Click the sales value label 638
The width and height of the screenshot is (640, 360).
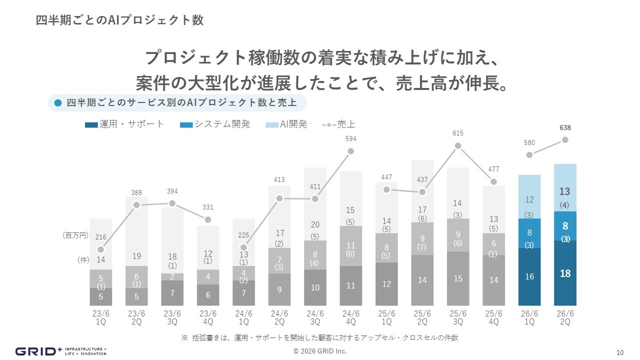pos(565,128)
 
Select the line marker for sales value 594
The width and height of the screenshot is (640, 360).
pos(350,151)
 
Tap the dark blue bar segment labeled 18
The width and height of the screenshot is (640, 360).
pos(565,273)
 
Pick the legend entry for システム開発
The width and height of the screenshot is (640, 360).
pos(215,124)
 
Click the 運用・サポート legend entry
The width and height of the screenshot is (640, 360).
pos(124,124)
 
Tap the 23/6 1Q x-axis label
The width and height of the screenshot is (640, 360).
pos(101,317)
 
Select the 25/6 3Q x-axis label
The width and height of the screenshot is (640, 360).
pos(457,317)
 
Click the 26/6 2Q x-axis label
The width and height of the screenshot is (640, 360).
pos(565,317)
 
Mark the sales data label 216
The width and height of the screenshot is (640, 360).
pos(101,237)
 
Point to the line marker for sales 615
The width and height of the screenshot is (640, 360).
pos(457,146)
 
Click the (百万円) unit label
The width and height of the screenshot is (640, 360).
pos(75,234)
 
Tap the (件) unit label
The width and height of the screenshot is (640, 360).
pos(83,260)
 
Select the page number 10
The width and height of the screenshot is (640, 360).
pos(620,351)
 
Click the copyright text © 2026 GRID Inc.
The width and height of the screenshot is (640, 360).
pos(320,351)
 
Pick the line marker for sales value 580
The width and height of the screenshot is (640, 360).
pos(529,154)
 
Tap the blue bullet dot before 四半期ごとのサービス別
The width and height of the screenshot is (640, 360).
pos(57,103)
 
